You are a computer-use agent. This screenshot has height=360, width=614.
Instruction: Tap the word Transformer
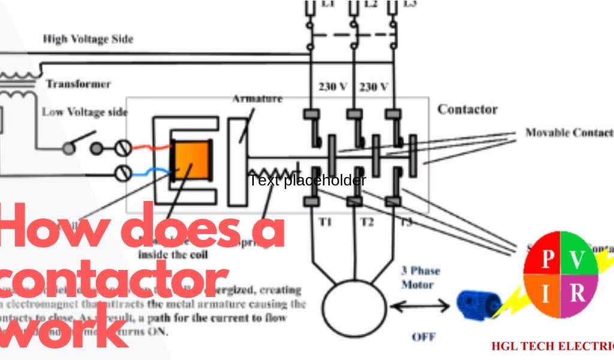coord(79,84)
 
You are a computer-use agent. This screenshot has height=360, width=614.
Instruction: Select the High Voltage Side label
coord(88,39)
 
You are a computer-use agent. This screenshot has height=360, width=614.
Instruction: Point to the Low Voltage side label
coord(85,112)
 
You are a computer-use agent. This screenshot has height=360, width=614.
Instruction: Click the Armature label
coord(257,99)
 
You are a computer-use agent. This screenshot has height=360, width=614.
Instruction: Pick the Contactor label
coord(467,109)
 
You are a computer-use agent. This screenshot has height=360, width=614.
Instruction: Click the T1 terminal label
coord(325,222)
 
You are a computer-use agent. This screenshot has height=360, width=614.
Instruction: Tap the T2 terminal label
coord(367,222)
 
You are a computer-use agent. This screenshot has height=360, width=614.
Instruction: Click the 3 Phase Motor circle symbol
coord(354,307)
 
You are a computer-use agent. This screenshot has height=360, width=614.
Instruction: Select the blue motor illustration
coord(478,304)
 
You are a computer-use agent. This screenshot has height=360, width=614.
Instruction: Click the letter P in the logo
coord(547,259)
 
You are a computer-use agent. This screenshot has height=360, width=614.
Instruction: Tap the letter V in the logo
coord(577,259)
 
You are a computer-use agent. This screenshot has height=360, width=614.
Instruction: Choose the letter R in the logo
coord(577,293)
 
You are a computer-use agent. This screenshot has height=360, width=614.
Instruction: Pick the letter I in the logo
coord(546,294)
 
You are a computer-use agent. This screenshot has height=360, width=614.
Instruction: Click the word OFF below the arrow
coord(423,337)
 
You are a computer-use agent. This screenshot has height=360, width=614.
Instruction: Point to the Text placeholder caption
coord(307,180)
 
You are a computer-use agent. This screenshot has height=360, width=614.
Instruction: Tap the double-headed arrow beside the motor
coord(420,306)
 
